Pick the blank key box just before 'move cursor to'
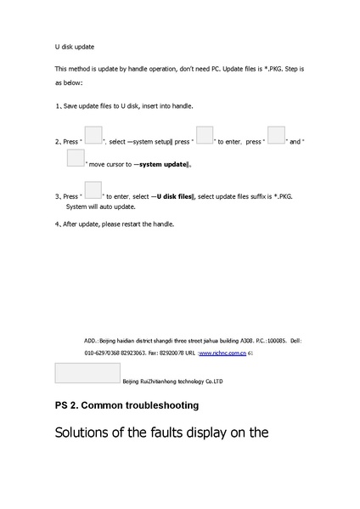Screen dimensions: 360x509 pyautogui.click(x=76, y=157)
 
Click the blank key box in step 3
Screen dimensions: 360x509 pyautogui.click(x=93, y=190)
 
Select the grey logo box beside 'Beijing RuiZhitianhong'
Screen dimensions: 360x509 pyautogui.click(x=87, y=373)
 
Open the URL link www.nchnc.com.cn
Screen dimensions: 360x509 pyautogui.click(x=222, y=352)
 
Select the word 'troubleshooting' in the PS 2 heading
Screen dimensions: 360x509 pyautogui.click(x=158, y=404)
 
